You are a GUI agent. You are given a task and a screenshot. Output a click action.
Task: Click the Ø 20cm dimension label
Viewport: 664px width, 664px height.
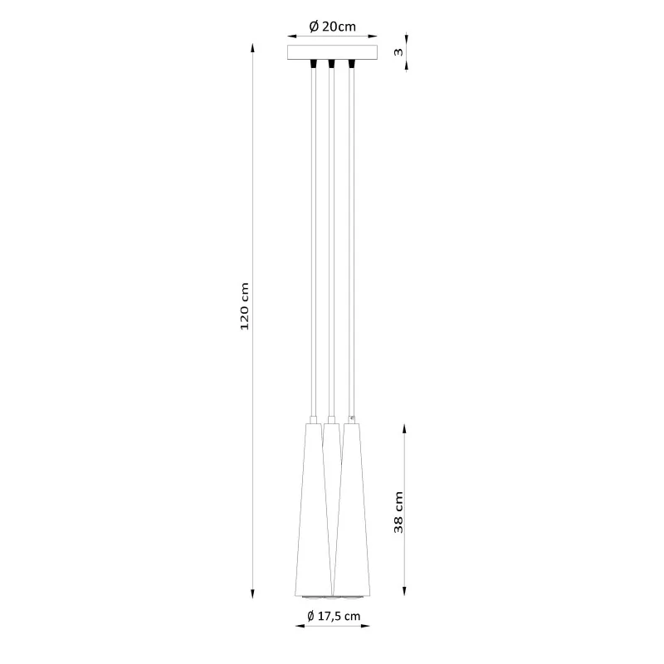click(333, 27)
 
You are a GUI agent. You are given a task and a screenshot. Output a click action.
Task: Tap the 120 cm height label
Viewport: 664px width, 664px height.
click(244, 306)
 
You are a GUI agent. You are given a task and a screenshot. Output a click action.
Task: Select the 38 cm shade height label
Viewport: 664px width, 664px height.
click(398, 512)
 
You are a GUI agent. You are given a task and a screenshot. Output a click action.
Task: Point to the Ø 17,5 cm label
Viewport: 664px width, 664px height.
click(334, 616)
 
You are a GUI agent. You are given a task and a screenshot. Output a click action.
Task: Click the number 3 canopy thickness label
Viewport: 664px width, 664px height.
click(398, 52)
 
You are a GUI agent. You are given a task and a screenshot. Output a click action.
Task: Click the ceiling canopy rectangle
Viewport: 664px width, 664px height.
click(333, 52)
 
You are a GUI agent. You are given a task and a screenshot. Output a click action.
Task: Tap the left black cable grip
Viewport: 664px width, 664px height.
click(314, 64)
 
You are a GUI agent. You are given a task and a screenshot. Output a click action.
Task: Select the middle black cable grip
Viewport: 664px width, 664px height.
click(331, 64)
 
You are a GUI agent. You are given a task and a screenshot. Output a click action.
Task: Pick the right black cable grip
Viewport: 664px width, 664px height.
click(351, 64)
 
